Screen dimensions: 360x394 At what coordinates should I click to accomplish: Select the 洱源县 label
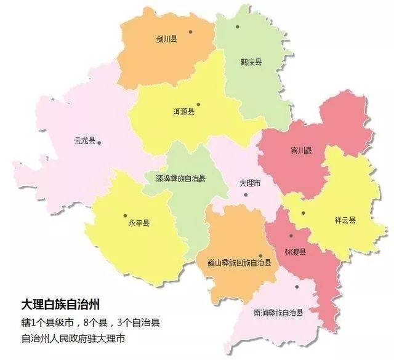pos(183,111)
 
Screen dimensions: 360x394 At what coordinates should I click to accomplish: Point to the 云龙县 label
pos(84,141)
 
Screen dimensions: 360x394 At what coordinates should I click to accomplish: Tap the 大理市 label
pos(249,183)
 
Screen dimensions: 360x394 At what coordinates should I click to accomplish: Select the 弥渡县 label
pos(295,252)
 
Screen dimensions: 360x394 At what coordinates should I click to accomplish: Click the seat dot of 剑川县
pos(191,31)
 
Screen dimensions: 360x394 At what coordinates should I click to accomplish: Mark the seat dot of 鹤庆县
pos(238,27)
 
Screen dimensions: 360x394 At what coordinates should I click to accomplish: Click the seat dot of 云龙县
pos(99,143)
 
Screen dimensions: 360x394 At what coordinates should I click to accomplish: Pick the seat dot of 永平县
pos(126,216)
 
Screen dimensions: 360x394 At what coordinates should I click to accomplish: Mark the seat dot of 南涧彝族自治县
pos(297,286)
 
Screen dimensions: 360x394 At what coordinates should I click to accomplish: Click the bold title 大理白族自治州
pos(60,304)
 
